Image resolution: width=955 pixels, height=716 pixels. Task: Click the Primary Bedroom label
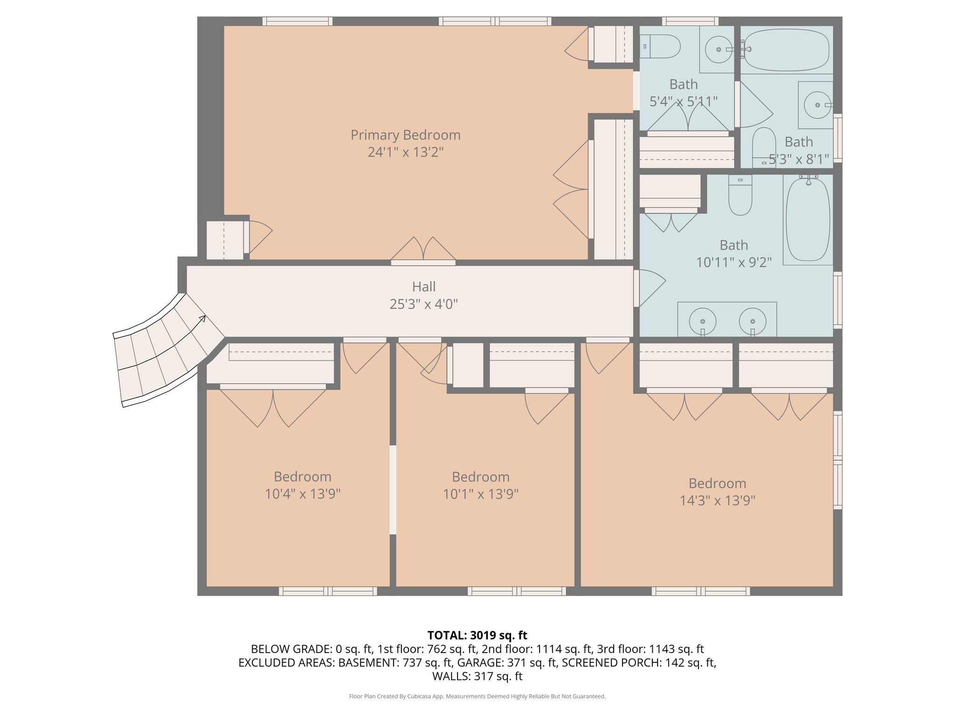(405, 135)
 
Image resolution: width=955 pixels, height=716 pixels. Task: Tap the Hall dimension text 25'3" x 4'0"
(423, 304)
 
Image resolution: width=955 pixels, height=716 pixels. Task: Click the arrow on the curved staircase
(202, 318)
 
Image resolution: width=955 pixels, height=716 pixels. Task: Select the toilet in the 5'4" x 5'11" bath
(660, 47)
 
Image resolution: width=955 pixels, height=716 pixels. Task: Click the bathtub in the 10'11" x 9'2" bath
(808, 219)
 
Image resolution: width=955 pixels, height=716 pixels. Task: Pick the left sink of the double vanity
(702, 322)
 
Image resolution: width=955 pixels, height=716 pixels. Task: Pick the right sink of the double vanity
(752, 322)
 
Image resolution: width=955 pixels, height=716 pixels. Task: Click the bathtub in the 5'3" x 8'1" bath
(786, 50)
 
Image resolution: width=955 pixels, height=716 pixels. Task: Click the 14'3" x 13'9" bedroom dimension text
(717, 501)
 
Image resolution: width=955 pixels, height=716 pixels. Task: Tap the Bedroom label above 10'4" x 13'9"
(302, 477)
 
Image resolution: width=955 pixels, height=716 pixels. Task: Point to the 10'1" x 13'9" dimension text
(480, 494)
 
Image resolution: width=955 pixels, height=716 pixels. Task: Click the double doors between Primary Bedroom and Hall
(423, 252)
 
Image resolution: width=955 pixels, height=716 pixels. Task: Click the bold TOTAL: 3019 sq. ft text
(477, 635)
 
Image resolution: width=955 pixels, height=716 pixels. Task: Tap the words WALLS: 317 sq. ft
(477, 676)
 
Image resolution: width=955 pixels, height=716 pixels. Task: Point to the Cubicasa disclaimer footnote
(477, 696)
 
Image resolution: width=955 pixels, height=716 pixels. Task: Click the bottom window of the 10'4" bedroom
(328, 591)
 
